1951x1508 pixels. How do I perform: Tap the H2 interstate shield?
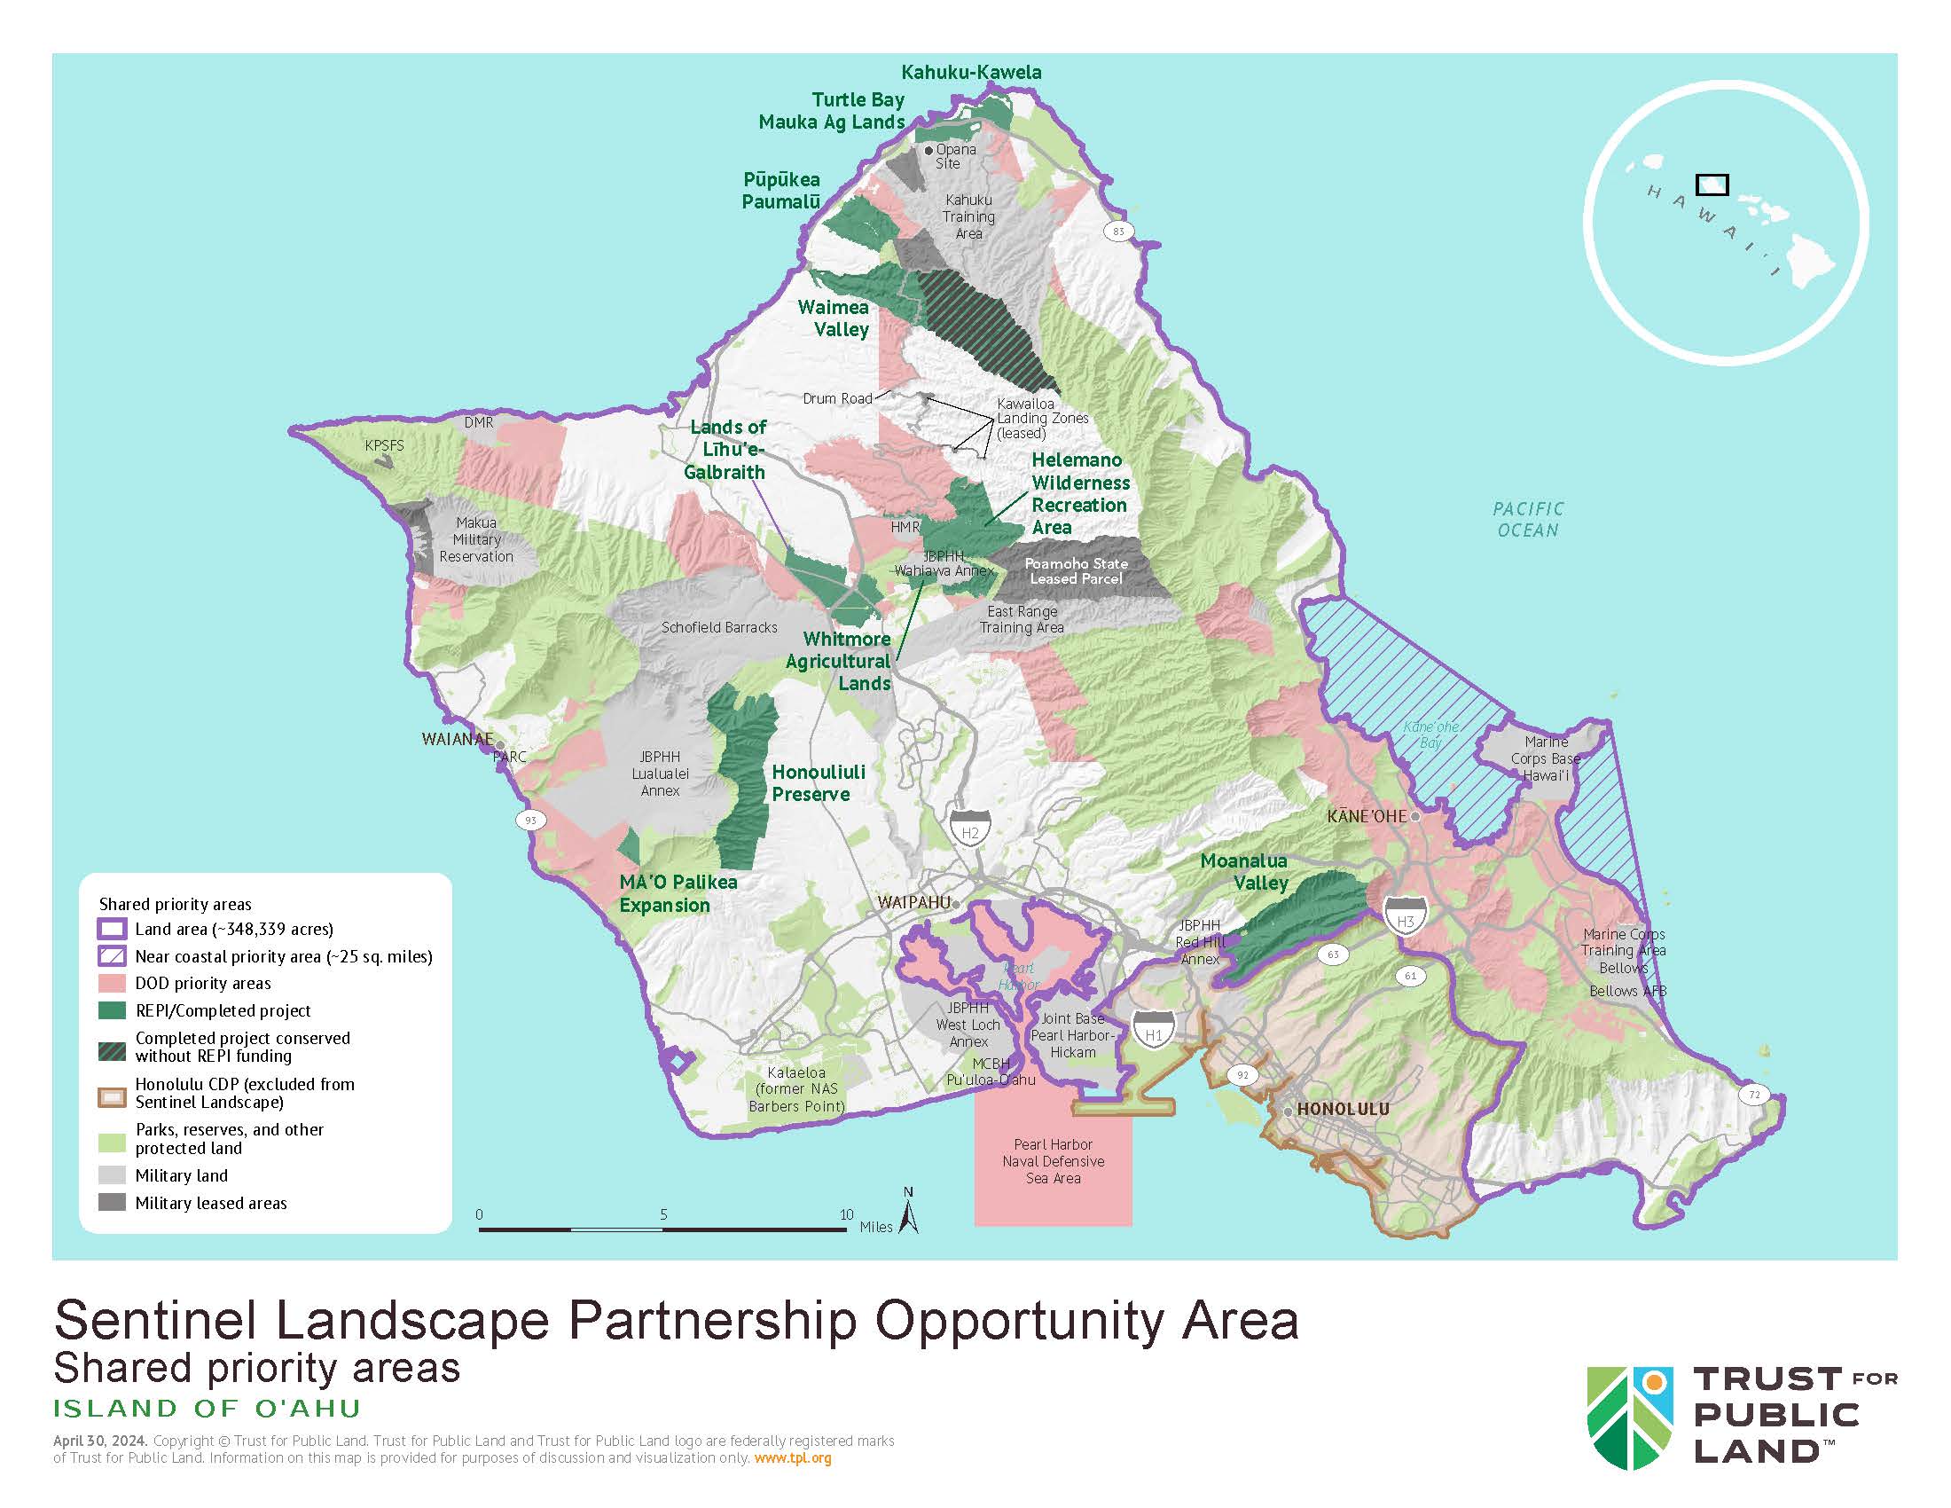[970, 829]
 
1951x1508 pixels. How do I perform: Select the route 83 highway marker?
[1118, 232]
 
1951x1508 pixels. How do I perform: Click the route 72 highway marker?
[1754, 1095]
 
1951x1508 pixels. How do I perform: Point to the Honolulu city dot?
[1288, 1111]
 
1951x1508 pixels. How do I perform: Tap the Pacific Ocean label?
[1528, 519]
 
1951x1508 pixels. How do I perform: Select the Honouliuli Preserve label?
[818, 782]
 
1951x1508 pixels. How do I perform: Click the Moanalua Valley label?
[1244, 871]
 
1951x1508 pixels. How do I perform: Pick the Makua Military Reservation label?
[476, 539]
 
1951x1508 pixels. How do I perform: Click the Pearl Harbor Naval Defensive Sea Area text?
[1054, 1161]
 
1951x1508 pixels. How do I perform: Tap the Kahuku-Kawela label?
[971, 73]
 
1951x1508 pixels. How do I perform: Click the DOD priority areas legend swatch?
[112, 984]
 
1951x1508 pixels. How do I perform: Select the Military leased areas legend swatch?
[112, 1203]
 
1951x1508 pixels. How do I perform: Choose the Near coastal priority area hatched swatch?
[112, 956]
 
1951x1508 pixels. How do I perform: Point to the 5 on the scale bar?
[663, 1215]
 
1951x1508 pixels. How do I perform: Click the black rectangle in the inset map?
[1712, 185]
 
